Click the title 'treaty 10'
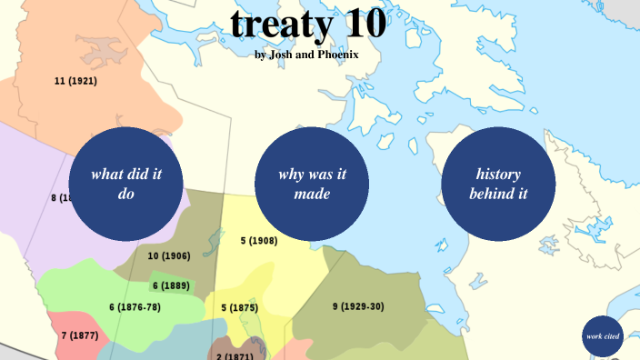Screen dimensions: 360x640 (x=307, y=25)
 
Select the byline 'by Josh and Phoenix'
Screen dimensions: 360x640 (x=307, y=55)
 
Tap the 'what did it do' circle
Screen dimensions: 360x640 (x=126, y=184)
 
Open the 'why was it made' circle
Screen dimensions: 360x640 (x=312, y=184)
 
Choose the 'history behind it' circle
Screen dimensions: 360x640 (x=499, y=184)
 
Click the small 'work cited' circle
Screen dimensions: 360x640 (x=603, y=336)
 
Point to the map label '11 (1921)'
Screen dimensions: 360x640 (x=75, y=81)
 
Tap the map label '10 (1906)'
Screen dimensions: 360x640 (x=168, y=255)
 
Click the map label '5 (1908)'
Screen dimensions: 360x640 (x=259, y=241)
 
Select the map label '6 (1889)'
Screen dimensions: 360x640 (x=170, y=285)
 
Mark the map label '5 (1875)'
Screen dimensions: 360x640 (x=239, y=307)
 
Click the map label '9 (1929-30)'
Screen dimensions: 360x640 (x=357, y=306)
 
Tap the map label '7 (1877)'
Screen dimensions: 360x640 (x=79, y=335)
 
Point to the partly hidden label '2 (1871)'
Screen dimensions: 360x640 (x=235, y=355)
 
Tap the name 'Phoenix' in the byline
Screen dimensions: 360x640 (x=334, y=55)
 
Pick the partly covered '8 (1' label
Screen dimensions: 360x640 (x=60, y=197)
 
